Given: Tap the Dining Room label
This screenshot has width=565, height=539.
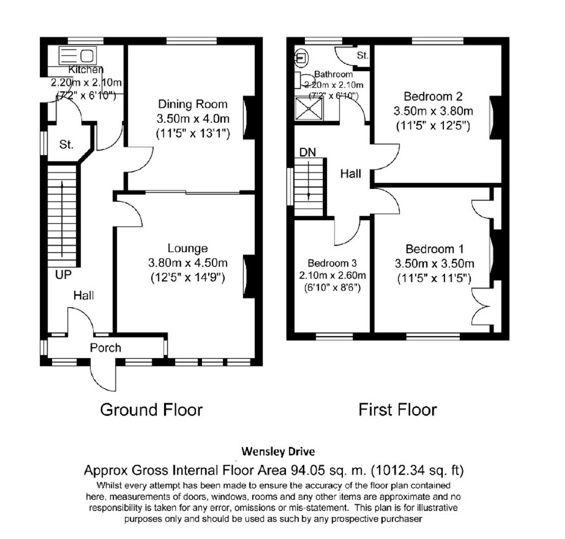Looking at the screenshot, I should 192,104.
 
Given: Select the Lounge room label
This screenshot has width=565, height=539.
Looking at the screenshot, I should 187,248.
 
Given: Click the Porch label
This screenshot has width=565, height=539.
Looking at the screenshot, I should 105,348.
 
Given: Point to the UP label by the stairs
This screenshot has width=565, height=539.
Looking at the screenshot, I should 63,274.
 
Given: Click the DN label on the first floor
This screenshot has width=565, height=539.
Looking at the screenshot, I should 307,152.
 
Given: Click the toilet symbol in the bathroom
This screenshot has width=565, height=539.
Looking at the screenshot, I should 301,58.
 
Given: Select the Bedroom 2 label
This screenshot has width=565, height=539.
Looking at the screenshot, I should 433,96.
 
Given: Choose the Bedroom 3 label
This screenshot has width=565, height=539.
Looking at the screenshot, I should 332,263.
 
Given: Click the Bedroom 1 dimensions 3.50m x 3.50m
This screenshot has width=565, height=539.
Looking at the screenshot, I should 434,264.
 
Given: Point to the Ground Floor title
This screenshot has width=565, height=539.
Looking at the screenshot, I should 151,410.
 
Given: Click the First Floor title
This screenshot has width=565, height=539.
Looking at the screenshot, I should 397,410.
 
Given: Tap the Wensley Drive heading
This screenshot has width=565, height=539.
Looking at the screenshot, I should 278,452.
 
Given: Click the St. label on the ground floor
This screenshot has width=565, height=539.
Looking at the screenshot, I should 66,145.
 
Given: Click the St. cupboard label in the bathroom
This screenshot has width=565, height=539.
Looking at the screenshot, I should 362,55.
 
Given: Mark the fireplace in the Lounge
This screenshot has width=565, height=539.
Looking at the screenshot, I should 249,277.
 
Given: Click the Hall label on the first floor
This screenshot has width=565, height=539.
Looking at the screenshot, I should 351,174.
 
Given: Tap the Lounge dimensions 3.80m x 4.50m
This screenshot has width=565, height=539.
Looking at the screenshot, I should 187,263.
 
